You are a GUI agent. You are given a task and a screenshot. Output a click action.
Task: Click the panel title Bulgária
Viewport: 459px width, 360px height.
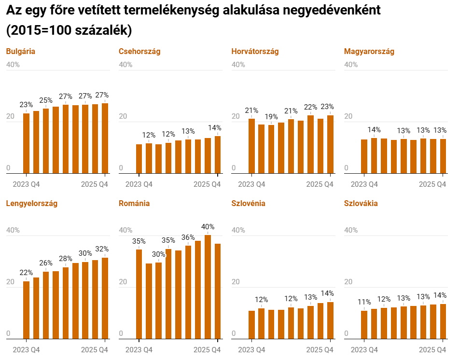click(x=20, y=51)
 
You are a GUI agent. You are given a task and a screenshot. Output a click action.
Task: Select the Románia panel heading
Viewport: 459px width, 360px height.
click(x=134, y=203)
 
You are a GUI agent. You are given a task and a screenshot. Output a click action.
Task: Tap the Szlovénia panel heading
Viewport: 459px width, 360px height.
click(x=248, y=203)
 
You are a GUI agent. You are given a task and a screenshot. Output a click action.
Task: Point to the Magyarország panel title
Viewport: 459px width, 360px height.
click(x=369, y=51)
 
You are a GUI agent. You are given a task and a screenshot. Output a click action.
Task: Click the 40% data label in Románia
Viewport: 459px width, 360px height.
click(x=208, y=226)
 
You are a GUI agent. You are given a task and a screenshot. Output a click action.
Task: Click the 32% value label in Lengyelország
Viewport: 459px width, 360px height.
click(x=102, y=249)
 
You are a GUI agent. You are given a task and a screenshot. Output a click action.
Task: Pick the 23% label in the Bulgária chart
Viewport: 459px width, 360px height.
click(x=26, y=104)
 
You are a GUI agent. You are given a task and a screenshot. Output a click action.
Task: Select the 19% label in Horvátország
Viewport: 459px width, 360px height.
click(x=271, y=116)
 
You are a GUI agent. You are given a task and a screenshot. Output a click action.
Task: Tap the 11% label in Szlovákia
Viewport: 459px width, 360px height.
click(x=364, y=302)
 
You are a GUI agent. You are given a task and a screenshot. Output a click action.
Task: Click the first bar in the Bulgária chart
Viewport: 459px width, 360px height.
click(x=26, y=143)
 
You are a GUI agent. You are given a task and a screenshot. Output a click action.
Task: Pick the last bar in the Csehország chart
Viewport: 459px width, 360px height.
click(x=218, y=155)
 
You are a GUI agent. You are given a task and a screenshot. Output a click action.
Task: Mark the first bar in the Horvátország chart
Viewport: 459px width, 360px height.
click(x=251, y=146)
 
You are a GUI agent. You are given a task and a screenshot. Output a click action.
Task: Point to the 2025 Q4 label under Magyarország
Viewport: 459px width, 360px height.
click(x=432, y=184)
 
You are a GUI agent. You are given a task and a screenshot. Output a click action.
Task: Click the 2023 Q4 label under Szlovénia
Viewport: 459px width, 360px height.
click(x=252, y=349)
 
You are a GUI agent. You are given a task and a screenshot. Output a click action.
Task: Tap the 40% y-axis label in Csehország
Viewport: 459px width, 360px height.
click(x=125, y=65)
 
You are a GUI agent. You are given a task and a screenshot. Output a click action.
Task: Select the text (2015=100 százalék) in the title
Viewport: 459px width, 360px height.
click(x=69, y=30)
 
